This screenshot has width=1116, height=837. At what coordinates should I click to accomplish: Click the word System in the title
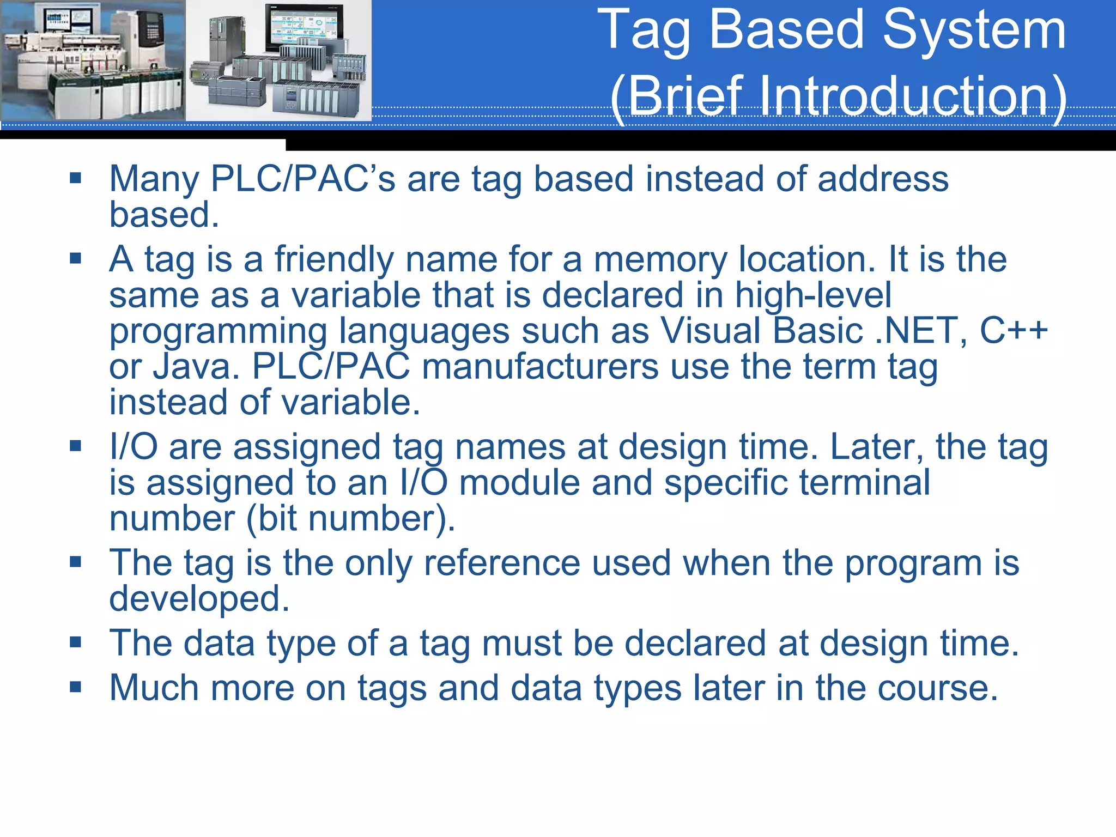[973, 30]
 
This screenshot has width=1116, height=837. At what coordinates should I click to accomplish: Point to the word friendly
[333, 259]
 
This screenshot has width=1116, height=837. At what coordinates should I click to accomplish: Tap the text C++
[1014, 330]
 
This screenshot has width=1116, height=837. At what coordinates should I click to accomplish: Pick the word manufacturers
[540, 366]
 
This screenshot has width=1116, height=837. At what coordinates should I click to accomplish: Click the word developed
[199, 599]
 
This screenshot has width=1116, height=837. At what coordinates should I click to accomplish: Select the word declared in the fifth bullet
[695, 644]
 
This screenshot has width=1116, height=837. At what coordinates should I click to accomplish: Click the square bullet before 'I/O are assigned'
[76, 446]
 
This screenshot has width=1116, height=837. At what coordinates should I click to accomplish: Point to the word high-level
[812, 295]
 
